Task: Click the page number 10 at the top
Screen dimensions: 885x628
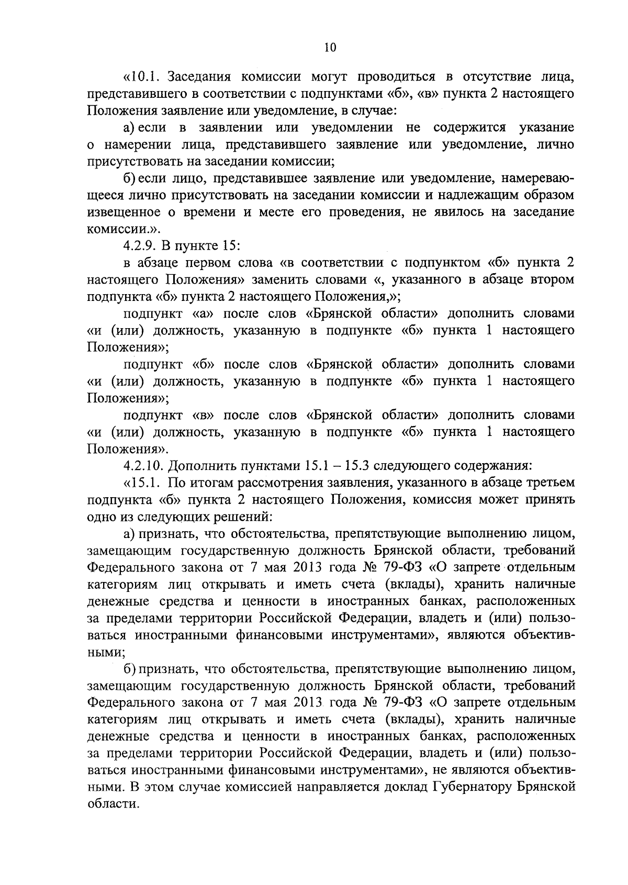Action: click(x=330, y=48)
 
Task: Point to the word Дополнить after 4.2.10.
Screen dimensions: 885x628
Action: click(x=199, y=466)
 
